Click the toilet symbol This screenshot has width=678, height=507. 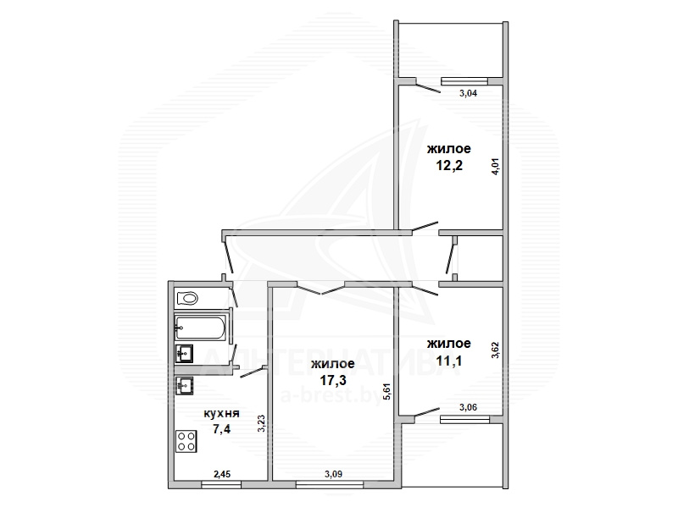[187, 298]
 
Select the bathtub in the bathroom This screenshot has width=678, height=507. [200, 328]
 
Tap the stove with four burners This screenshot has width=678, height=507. [186, 441]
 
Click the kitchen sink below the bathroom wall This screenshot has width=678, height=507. [184, 385]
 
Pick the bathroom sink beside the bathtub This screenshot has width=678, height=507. [184, 354]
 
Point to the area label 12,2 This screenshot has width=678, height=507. [449, 165]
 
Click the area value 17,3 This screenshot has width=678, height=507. [333, 380]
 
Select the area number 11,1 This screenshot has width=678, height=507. [449, 361]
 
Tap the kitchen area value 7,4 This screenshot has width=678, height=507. [221, 429]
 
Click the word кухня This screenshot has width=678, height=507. [221, 413]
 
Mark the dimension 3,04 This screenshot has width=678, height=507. [468, 93]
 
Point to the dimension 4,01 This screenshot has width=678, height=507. [496, 165]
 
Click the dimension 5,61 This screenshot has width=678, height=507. [387, 391]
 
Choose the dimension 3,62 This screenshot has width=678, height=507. [496, 350]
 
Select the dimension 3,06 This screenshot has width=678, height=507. [469, 407]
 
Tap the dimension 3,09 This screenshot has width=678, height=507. [333, 474]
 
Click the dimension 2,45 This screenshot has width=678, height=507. [222, 474]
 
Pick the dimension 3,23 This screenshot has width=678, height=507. [261, 424]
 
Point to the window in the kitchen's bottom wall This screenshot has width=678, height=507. [221, 486]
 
